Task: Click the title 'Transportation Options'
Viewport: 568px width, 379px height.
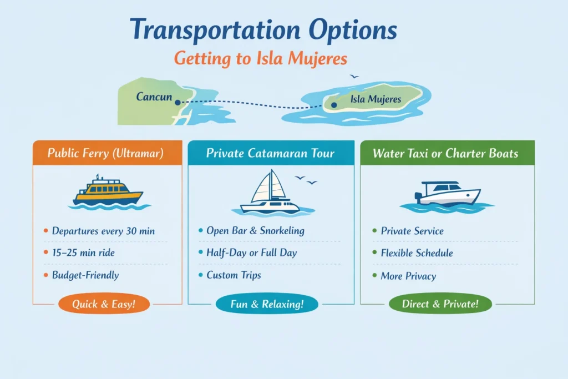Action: (x=263, y=31)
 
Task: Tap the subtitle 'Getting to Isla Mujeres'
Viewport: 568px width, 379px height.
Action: (x=261, y=58)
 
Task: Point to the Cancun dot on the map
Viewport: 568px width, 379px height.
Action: (x=177, y=102)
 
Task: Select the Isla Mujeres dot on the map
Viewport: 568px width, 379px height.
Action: (x=333, y=104)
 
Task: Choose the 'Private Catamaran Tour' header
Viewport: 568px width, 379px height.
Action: (x=270, y=153)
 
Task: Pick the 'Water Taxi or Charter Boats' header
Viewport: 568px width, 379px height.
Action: (x=445, y=153)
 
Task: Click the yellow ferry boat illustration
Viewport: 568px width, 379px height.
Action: (x=108, y=192)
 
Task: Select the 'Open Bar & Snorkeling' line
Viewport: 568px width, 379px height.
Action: (x=255, y=230)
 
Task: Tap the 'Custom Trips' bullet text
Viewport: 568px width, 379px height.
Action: (x=234, y=275)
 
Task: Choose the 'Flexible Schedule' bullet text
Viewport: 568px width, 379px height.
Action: (x=417, y=253)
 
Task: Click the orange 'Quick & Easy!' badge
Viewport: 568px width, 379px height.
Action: (x=103, y=304)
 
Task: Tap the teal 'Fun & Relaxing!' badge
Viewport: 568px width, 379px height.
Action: (x=267, y=304)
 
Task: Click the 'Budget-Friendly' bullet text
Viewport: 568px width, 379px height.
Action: (x=85, y=275)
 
